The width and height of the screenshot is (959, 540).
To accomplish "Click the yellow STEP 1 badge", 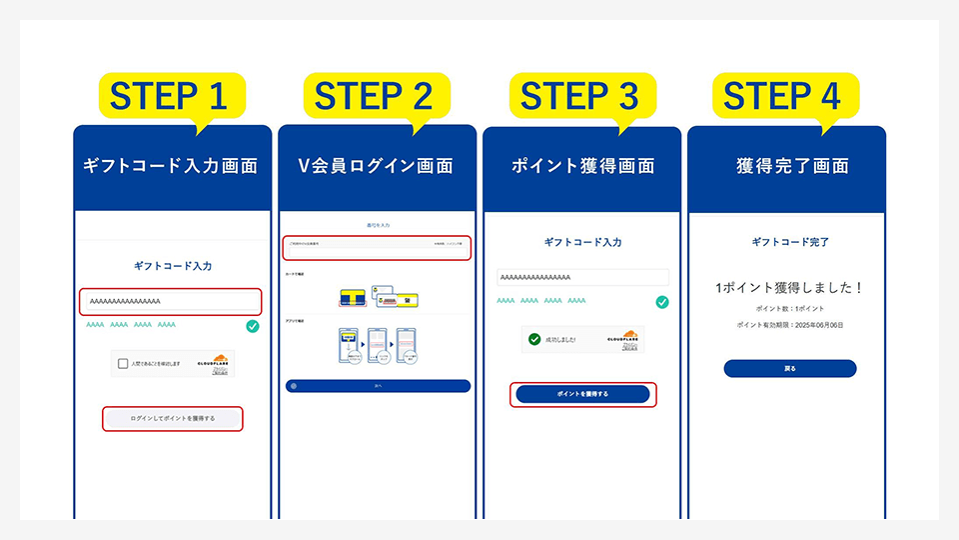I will pos(169,96).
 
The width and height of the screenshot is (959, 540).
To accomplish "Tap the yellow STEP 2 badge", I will pos(374,96).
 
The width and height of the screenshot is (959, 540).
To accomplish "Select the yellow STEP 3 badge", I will pos(579,96).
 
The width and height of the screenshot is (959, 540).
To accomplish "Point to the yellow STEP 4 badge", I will pos(783,96).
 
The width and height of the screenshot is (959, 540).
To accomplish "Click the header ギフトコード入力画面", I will pos(171,166).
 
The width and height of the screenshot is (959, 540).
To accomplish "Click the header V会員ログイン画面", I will pos(376,166).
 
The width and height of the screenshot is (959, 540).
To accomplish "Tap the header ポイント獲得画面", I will pos(581,166).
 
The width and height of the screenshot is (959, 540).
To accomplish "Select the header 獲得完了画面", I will pos(785,166).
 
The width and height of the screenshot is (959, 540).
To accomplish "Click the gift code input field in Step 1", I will pos(171,301).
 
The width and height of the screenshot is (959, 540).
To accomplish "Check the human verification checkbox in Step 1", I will pos(122,363).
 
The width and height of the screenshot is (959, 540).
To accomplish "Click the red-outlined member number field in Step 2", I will pos(376,248).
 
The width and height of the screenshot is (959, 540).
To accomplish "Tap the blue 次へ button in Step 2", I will pos(378,385).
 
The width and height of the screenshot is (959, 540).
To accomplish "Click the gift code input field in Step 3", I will pos(582,277).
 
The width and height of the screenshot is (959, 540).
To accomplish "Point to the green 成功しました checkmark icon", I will pos(536,339).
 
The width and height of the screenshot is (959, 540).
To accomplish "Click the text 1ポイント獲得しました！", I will pos(789,287).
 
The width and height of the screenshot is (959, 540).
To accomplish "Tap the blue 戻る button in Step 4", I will pos(789,368).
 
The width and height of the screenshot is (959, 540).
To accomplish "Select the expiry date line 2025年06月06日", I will pos(789,325).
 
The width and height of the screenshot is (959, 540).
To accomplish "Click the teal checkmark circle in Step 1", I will pos(253,326).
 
